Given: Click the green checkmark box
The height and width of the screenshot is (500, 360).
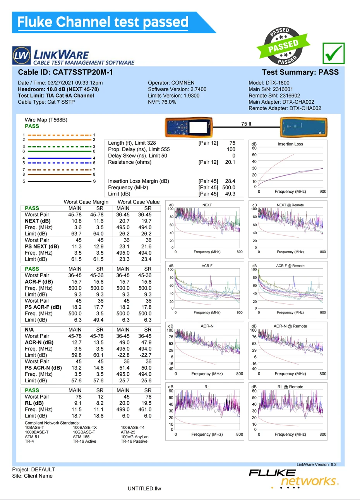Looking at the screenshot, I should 333,53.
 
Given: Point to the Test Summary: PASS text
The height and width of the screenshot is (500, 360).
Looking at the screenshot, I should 300,72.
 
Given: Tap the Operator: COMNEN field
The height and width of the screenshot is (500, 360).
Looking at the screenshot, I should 171,83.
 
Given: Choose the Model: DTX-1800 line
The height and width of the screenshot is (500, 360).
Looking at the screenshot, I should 269,83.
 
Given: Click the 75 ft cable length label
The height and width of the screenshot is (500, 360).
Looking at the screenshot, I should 246,124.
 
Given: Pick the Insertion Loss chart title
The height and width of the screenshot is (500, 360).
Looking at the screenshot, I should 290,144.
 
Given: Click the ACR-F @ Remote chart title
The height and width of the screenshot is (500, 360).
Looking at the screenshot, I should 290,266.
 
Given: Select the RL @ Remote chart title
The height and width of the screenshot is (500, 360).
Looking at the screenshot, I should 290,387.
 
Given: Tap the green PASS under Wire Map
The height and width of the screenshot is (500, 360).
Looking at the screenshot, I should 32,126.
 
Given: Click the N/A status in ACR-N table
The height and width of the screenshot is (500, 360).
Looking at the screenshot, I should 29,330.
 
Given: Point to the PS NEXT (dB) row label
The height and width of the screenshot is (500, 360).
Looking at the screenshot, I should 42,247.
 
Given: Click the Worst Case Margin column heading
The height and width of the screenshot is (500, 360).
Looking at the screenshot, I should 86,202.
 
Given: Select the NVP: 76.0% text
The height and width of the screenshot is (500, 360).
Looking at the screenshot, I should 162,102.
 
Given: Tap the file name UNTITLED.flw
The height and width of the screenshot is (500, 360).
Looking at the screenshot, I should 144,488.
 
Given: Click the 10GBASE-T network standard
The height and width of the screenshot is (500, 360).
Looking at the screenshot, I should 84,432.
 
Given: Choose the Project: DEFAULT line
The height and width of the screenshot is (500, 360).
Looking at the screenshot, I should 33,469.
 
